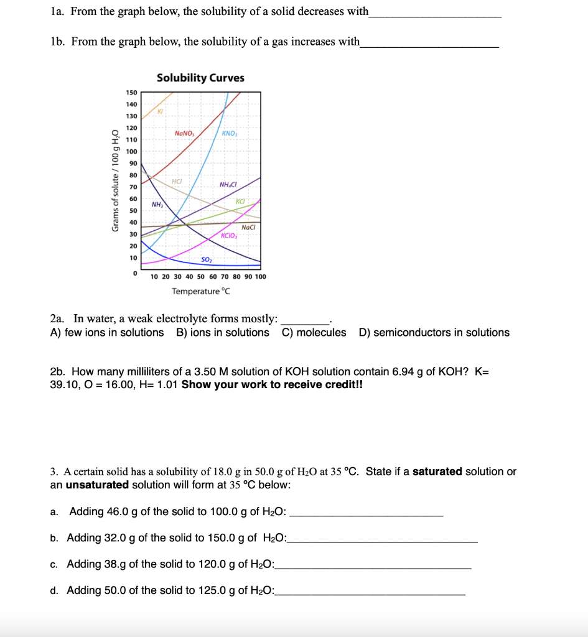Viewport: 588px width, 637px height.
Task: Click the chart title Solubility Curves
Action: [x=200, y=78]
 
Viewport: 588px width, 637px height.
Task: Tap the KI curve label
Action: [x=160, y=111]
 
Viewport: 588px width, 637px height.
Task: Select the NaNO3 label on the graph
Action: [x=185, y=133]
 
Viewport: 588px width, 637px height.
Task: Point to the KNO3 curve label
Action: [x=229, y=134]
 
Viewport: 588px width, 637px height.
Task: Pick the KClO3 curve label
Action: [x=230, y=236]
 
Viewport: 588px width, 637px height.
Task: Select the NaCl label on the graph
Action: [x=248, y=228]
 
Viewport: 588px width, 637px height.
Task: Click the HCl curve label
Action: [x=177, y=182]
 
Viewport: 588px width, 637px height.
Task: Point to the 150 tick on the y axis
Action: [x=131, y=93]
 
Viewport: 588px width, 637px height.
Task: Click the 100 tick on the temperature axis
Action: [x=260, y=276]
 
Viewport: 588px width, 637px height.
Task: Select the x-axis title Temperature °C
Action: [x=201, y=291]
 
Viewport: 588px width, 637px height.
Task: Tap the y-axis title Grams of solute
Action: [x=114, y=180]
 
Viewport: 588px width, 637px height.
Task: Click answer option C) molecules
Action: [x=314, y=332]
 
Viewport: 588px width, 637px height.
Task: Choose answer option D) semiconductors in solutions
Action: [x=434, y=332]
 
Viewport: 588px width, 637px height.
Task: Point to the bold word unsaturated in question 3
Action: [x=97, y=485]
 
